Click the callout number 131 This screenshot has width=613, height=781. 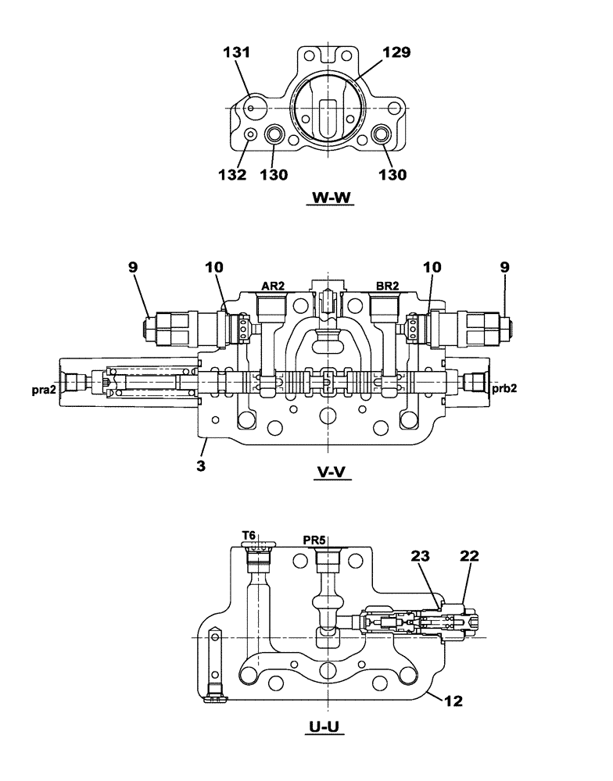[x=236, y=53]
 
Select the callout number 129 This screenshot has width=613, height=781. [x=396, y=53]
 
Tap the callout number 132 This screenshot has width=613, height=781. [x=232, y=175]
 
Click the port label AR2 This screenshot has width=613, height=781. [x=272, y=287]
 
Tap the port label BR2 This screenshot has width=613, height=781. [x=387, y=287]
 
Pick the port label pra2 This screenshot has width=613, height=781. [x=44, y=388]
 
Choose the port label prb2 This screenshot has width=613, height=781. [x=507, y=388]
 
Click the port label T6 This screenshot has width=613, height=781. [x=249, y=534]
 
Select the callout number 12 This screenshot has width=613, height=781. [x=453, y=701]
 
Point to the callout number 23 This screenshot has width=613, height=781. [x=419, y=557]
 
